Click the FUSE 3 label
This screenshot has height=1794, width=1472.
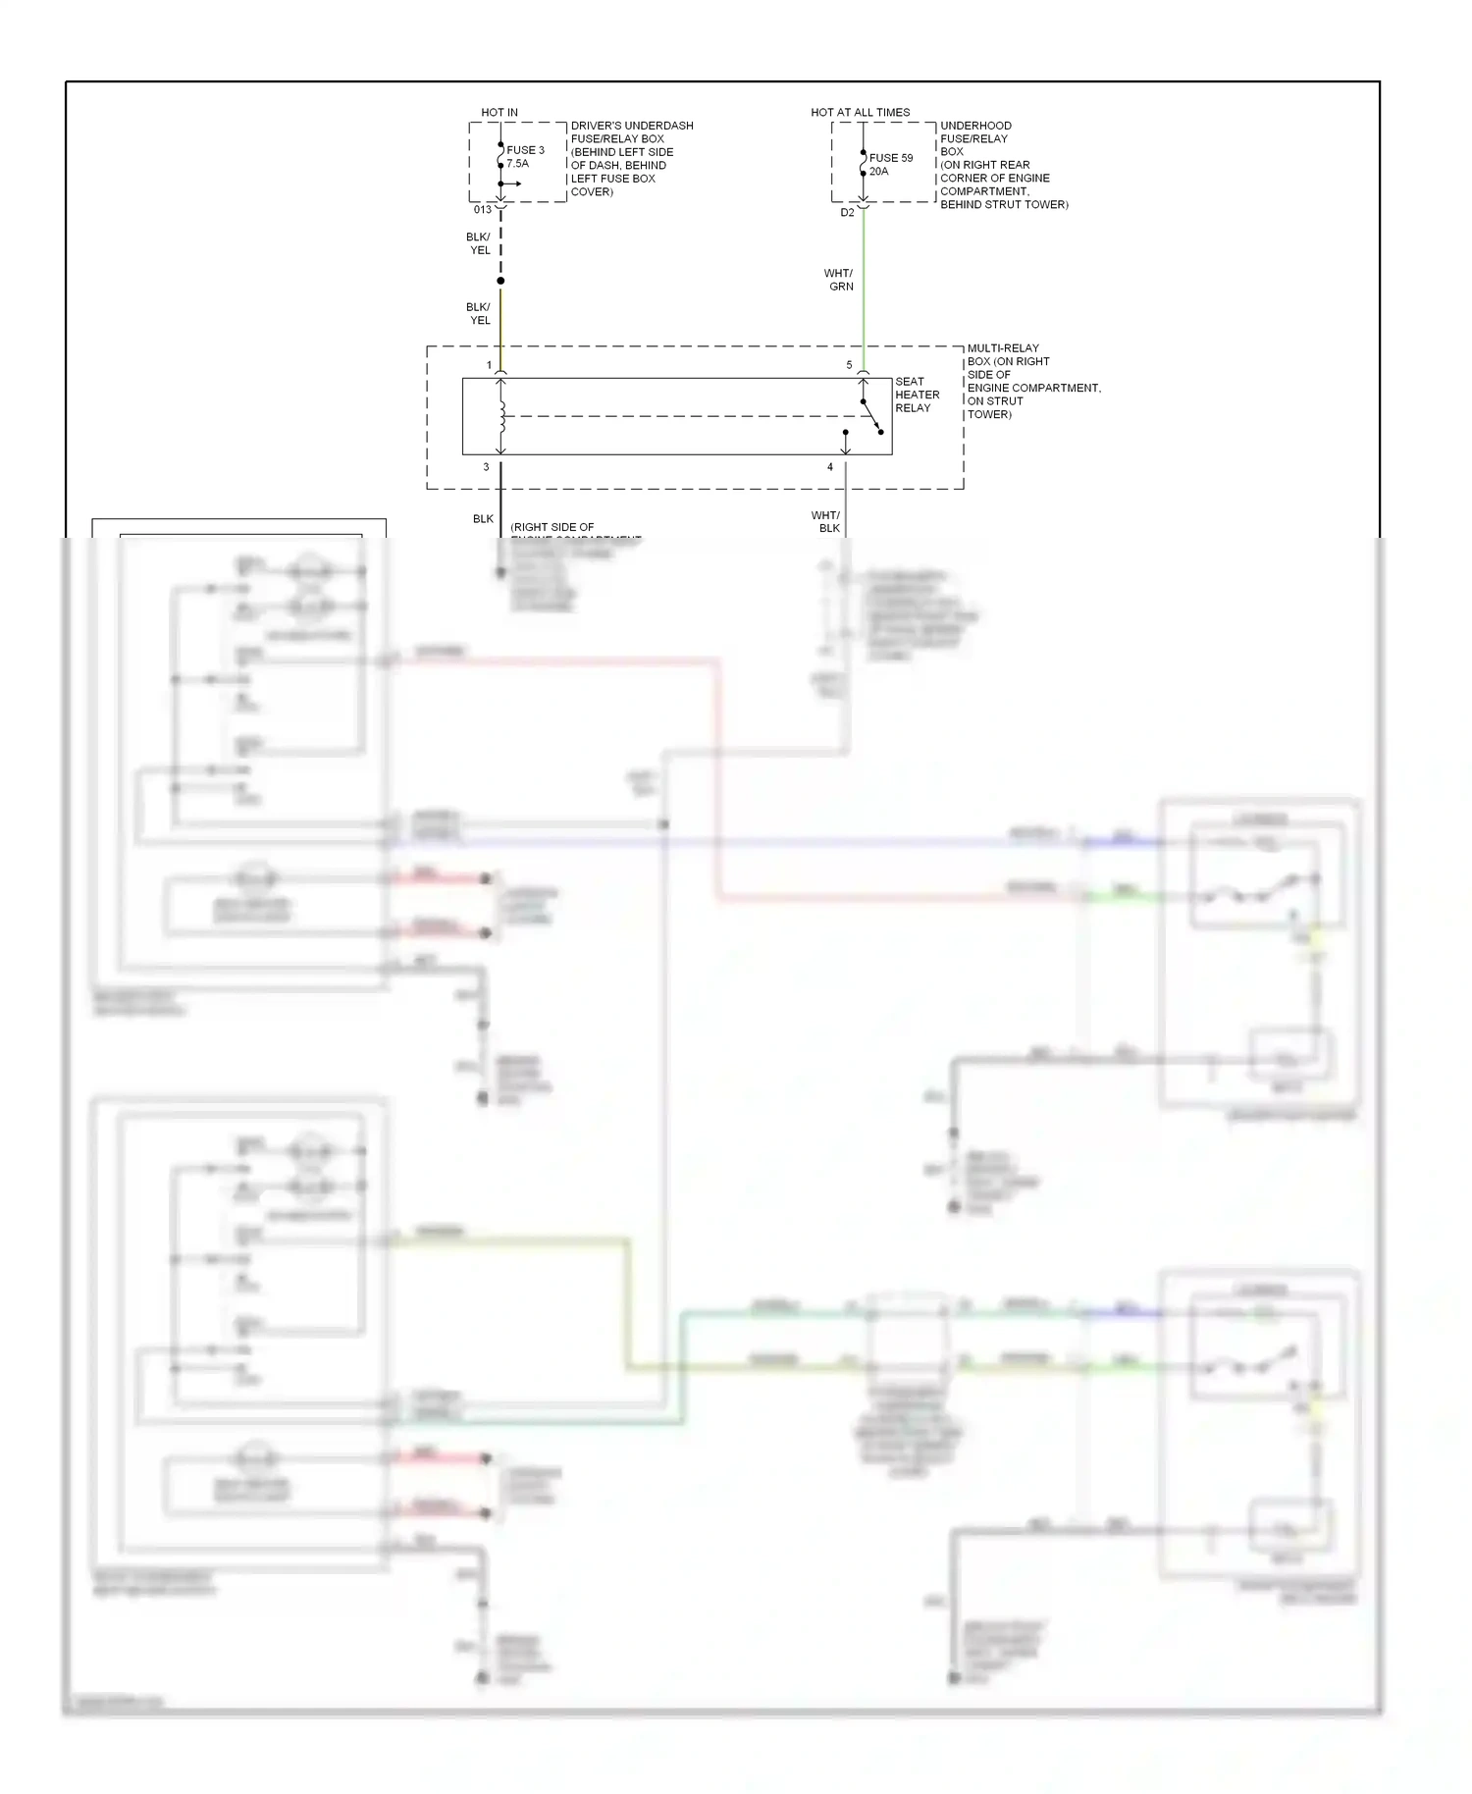coord(525,150)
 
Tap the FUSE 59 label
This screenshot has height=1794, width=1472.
coord(890,157)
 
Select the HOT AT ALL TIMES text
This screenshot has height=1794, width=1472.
coord(860,112)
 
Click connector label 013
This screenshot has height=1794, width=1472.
coord(482,209)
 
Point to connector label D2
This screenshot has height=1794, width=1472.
coord(847,212)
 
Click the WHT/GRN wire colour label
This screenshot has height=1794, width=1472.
coord(839,280)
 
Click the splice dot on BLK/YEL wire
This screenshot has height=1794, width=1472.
coord(500,281)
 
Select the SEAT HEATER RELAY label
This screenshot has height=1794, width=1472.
coord(917,395)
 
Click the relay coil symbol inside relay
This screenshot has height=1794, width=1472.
coord(501,417)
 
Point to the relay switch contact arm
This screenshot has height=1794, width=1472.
coord(871,416)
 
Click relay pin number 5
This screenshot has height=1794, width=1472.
coord(849,364)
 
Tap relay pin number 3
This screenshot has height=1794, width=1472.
coord(486,467)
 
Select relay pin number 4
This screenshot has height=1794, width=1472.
coord(829,467)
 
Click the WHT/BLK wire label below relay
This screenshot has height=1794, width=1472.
coord(825,521)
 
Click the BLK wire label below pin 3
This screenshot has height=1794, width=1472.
coord(483,518)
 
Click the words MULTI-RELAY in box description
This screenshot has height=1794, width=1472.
coord(1003,347)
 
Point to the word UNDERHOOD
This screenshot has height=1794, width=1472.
coord(975,126)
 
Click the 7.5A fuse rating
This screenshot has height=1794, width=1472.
coord(517,164)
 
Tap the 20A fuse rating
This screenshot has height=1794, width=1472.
coord(878,171)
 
